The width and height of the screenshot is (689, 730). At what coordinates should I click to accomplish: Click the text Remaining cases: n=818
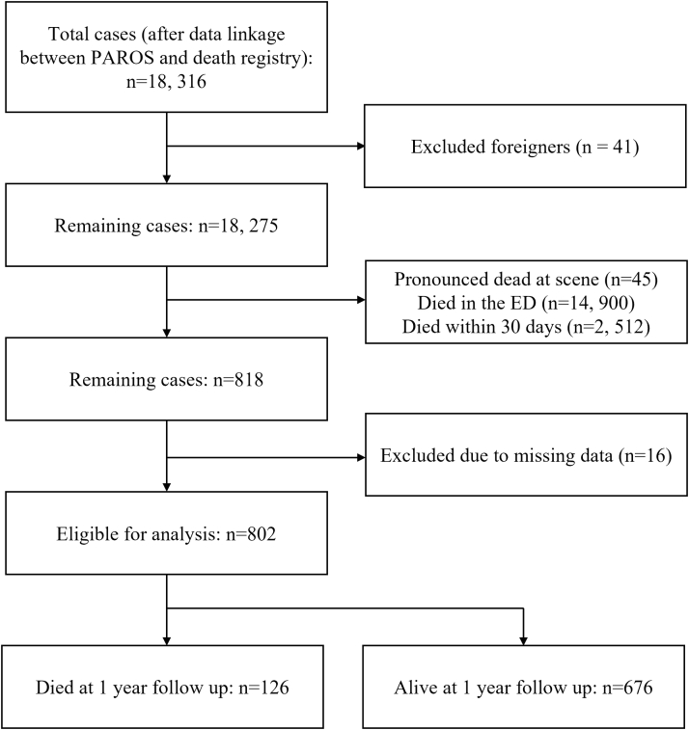[166, 379]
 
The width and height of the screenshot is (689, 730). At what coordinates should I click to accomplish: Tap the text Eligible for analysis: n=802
[166, 531]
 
